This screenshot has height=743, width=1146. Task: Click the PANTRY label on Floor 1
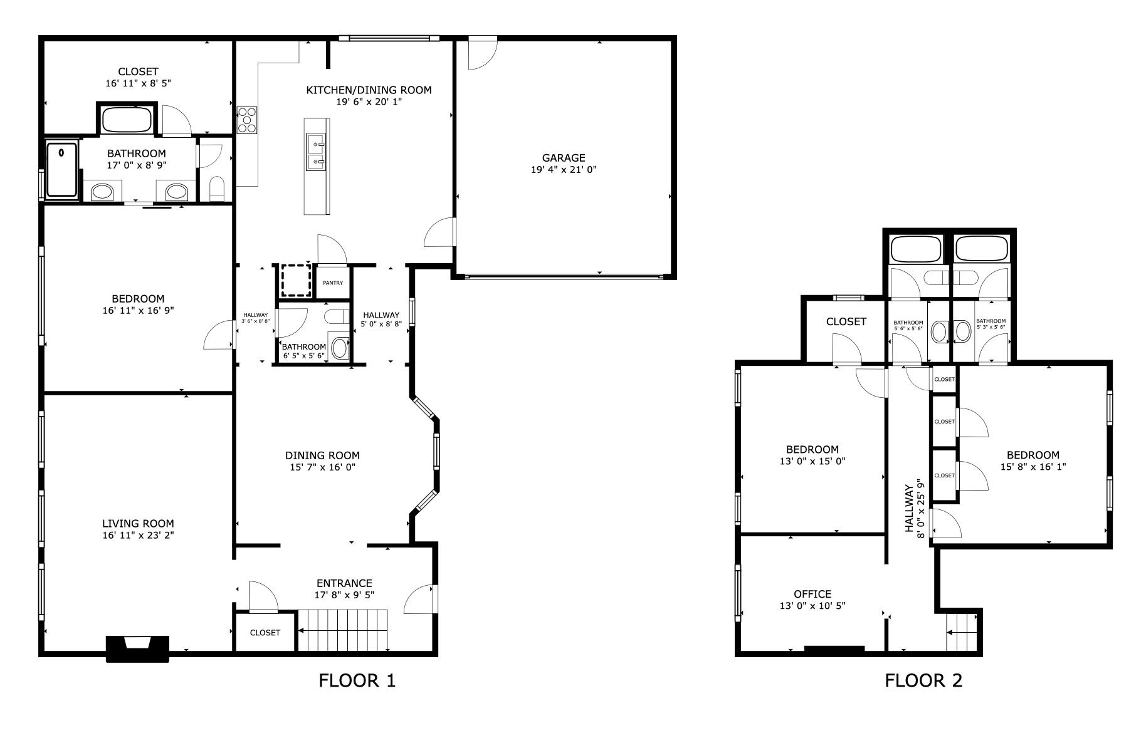pyautogui.click(x=332, y=283)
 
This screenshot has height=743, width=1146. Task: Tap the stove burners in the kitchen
pyautogui.click(x=247, y=120)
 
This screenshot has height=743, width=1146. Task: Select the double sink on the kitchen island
pyautogui.click(x=315, y=152)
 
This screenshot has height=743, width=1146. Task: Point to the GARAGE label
pyautogui.click(x=563, y=158)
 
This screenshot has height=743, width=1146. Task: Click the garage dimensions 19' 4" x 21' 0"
pyautogui.click(x=563, y=170)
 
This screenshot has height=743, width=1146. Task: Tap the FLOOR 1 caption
pyautogui.click(x=357, y=680)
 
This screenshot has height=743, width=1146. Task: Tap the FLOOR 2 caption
pyautogui.click(x=923, y=680)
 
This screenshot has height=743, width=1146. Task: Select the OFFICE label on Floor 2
pyautogui.click(x=812, y=594)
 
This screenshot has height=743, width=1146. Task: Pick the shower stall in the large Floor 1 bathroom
pyautogui.click(x=61, y=169)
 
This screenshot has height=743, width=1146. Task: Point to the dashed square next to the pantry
pyautogui.click(x=295, y=280)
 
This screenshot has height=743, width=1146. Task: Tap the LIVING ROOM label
pyautogui.click(x=137, y=524)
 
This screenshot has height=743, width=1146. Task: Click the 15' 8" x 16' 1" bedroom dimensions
pyautogui.click(x=1033, y=467)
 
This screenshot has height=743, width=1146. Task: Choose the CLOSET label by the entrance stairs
pyautogui.click(x=265, y=633)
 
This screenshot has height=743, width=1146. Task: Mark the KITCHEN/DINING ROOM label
pyautogui.click(x=368, y=90)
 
